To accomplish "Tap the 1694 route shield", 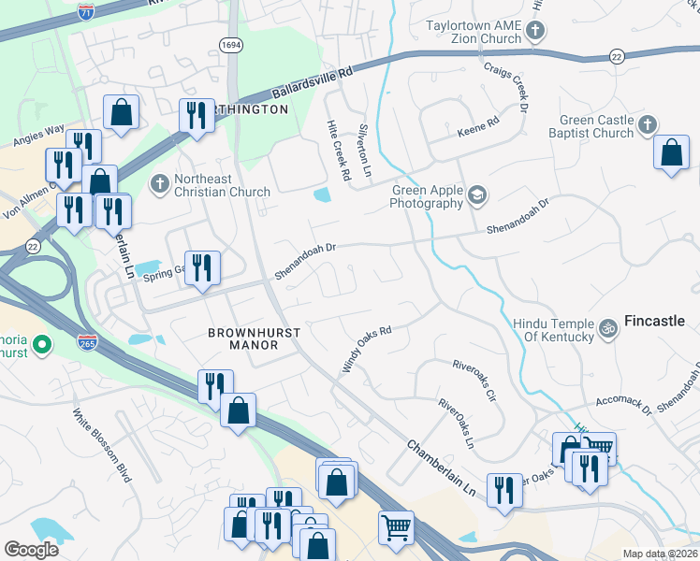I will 232,44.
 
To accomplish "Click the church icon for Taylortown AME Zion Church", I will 534,33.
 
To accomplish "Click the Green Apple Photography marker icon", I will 477,194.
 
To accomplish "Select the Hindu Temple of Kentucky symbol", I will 607,328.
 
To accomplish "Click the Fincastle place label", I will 655,321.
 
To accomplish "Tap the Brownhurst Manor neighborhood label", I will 242,338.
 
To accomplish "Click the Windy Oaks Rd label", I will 365,349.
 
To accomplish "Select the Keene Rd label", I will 478,128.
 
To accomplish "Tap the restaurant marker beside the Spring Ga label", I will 202,268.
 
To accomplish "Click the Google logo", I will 31,550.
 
